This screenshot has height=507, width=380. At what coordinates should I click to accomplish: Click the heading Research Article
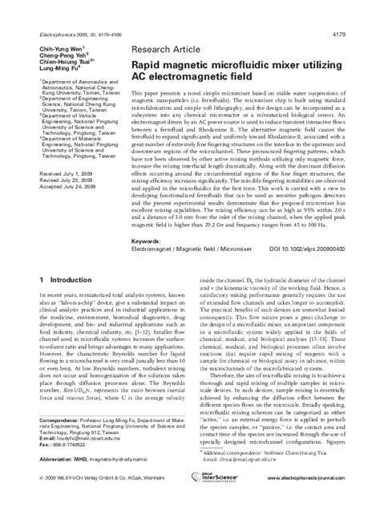pyautogui.click(x=164, y=49)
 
